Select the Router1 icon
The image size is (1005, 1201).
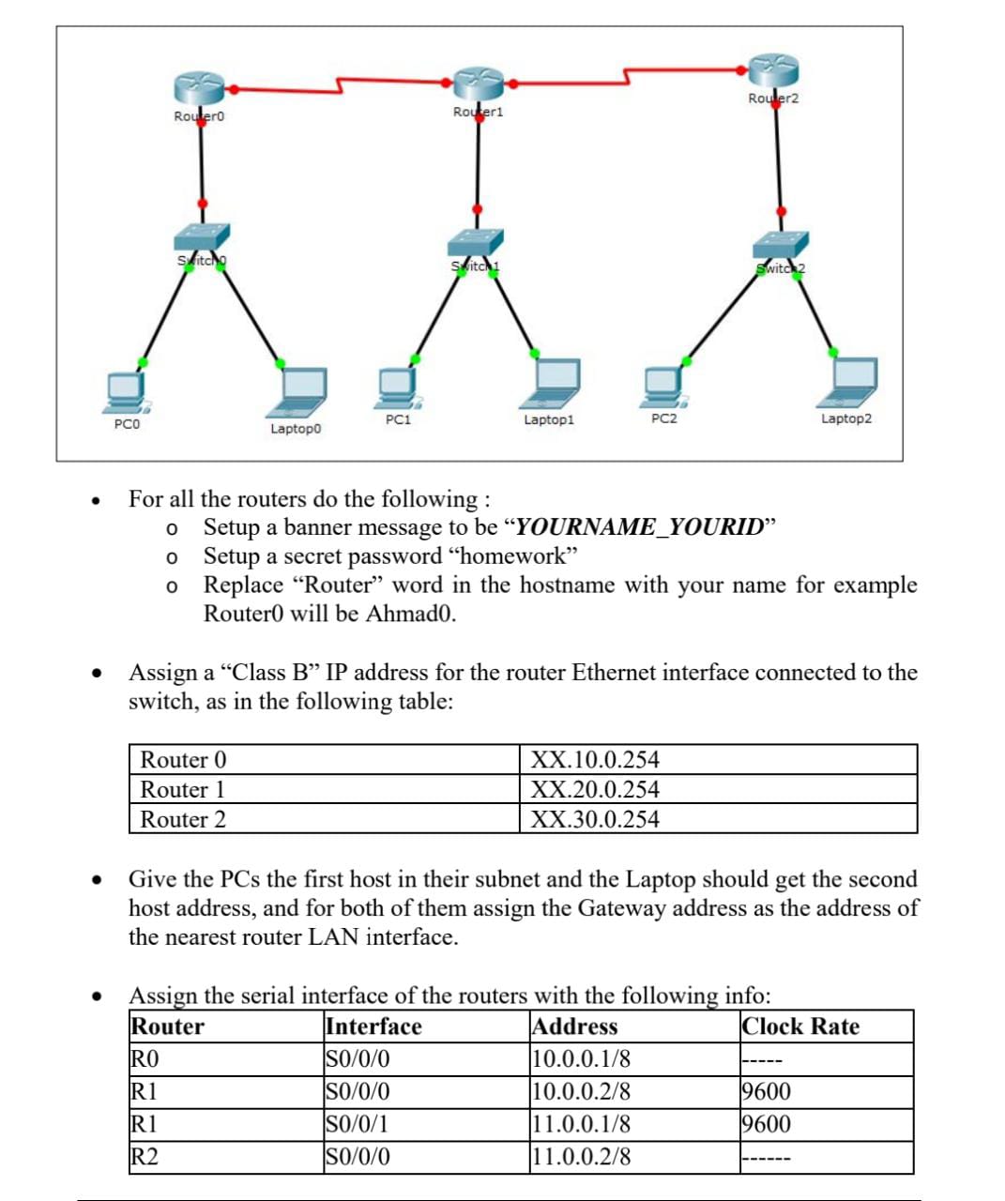478,83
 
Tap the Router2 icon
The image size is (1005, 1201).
773,69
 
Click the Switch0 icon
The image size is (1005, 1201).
201,240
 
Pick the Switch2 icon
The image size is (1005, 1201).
781,246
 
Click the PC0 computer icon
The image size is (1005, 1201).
127,392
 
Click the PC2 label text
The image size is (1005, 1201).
663,418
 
